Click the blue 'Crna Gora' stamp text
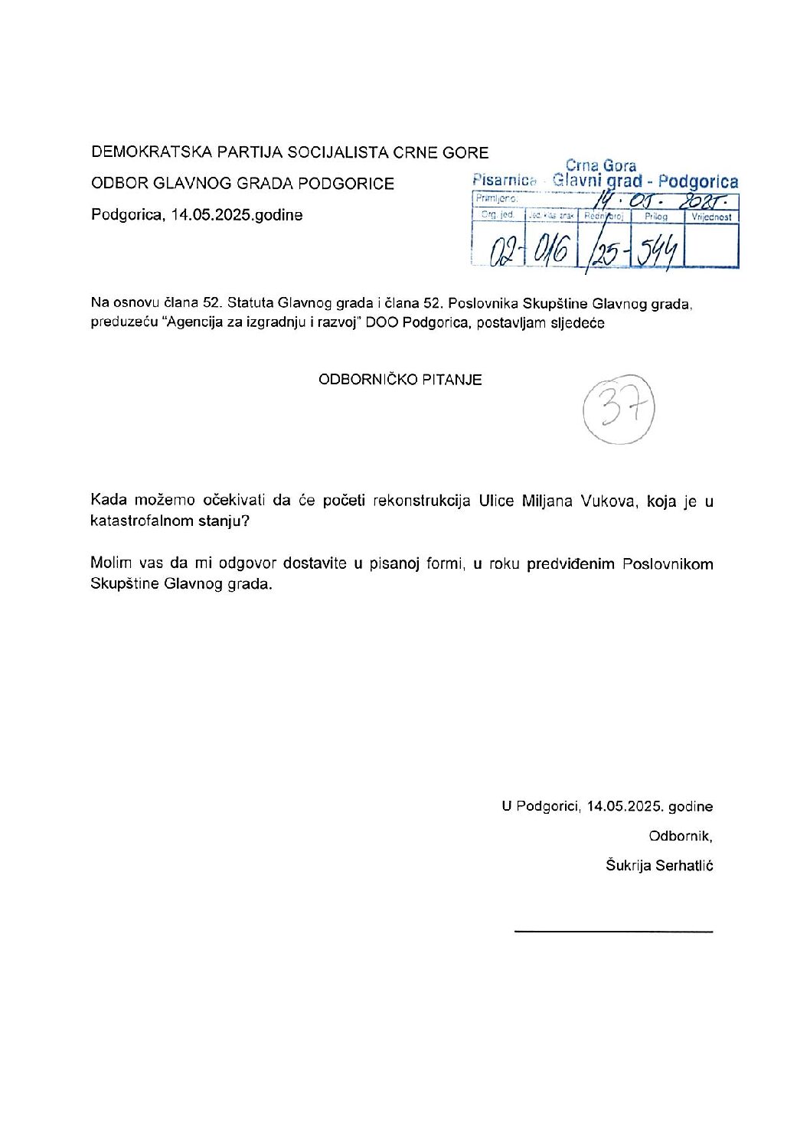point(600,165)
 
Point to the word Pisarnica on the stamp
point(505,181)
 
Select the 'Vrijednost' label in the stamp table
point(711,217)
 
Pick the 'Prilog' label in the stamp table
point(656,217)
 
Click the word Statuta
point(251,303)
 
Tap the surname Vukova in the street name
point(608,501)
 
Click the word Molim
point(112,563)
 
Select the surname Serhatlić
point(684,866)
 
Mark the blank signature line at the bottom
point(613,931)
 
